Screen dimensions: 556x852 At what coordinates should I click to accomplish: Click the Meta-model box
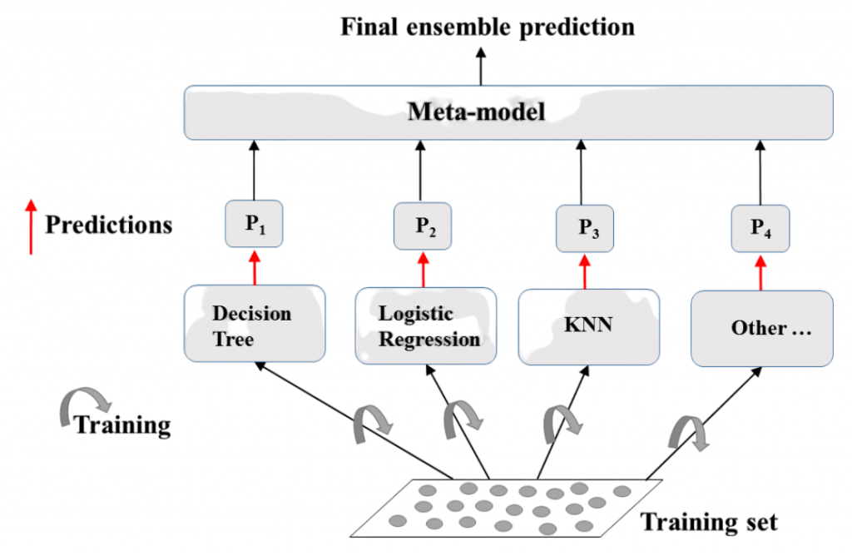508,112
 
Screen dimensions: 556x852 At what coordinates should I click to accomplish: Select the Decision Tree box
255,325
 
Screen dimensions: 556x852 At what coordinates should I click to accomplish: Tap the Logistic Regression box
426,325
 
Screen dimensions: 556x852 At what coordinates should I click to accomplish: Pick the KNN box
589,325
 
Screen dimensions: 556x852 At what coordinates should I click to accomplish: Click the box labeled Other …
761,328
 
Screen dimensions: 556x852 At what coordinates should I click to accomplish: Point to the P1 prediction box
255,223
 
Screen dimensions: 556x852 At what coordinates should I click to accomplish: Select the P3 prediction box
586,228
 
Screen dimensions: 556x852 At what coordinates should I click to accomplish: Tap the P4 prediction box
760,228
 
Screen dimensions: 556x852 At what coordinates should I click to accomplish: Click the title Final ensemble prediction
488,26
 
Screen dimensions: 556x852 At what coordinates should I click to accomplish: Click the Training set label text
708,522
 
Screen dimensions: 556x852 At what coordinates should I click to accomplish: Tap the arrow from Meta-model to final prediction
480,67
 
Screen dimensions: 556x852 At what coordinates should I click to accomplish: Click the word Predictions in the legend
108,225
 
